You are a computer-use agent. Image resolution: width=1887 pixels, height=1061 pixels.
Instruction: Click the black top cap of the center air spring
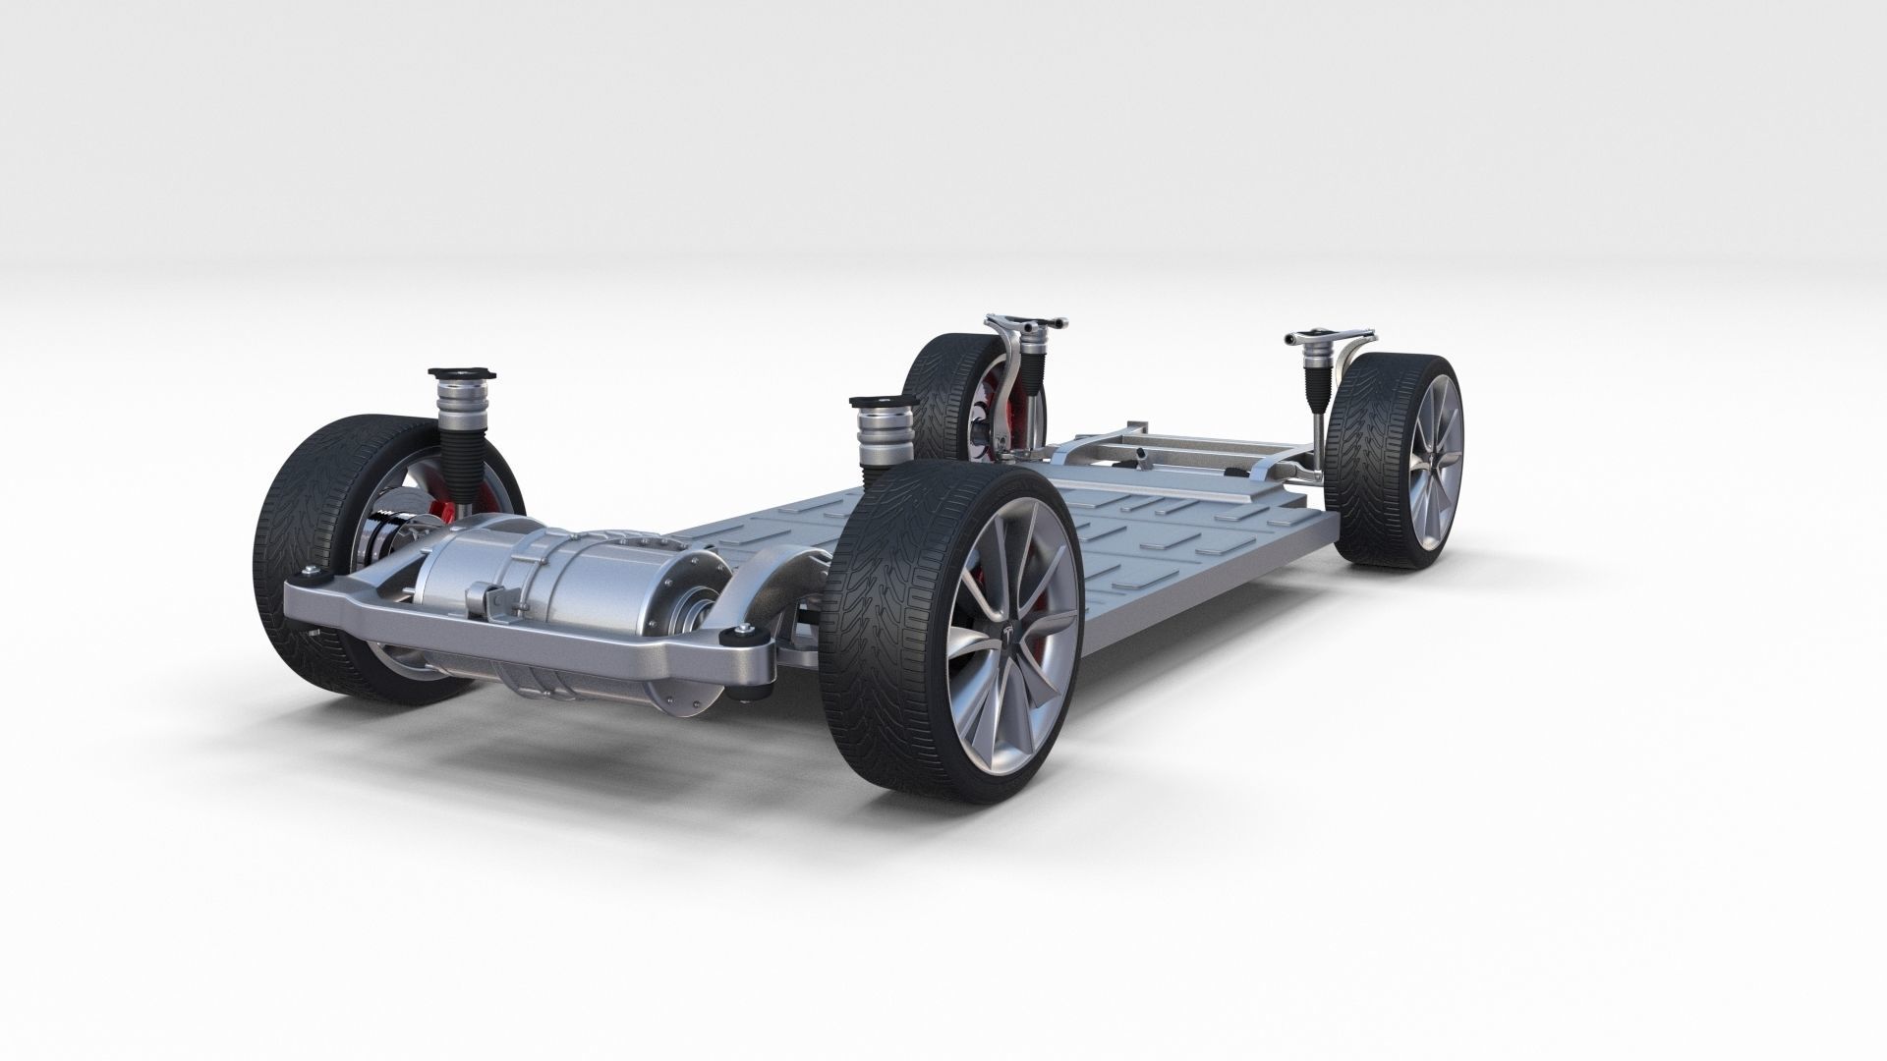tap(879, 402)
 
